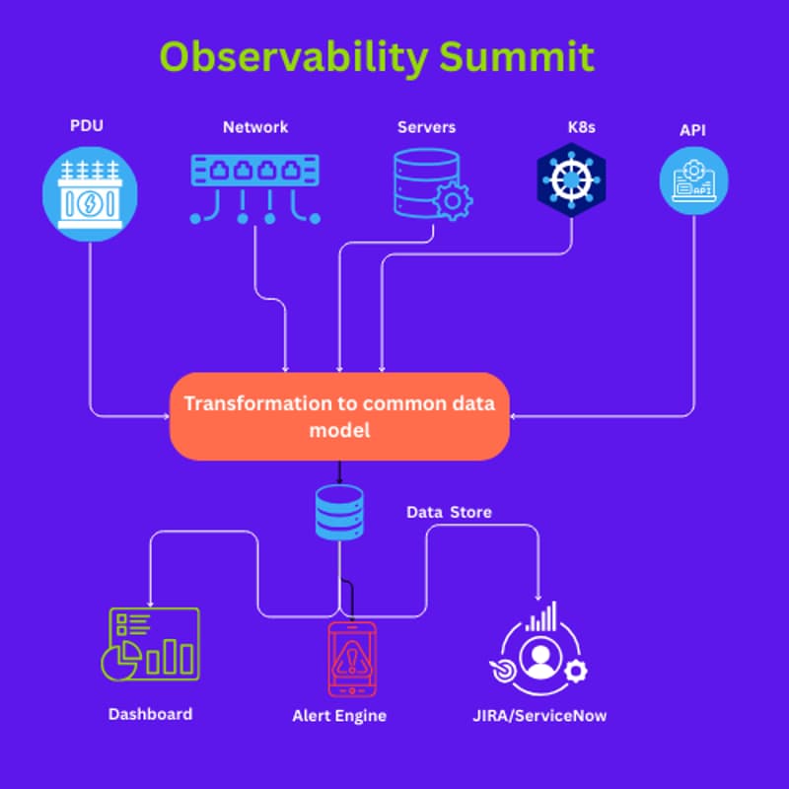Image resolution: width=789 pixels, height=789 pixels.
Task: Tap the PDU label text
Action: coord(87,127)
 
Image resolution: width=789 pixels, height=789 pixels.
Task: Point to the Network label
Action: coord(255,127)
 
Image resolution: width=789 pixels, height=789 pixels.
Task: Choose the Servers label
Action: coord(426,127)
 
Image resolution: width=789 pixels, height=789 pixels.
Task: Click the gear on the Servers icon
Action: coord(453,201)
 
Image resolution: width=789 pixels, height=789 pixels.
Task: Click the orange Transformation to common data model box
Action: coord(339,416)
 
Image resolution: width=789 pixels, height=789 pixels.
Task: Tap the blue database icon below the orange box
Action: coord(339,511)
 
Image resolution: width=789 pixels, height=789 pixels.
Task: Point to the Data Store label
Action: coord(449,513)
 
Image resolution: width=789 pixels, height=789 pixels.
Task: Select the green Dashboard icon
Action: coord(153,642)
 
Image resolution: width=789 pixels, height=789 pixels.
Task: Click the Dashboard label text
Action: coord(150,714)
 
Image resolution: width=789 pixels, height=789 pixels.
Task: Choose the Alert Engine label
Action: coord(339,716)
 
